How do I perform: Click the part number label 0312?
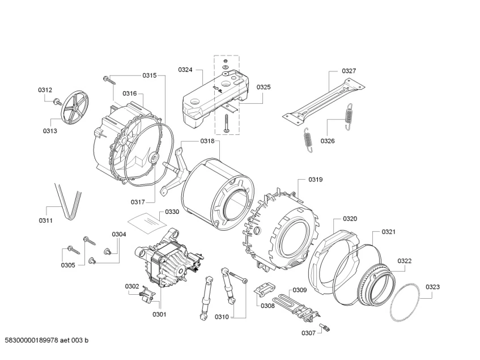point(45,90)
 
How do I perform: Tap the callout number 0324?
point(185,70)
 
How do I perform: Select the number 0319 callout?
point(316,180)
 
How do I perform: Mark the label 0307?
point(309,333)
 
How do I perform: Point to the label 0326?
point(328,141)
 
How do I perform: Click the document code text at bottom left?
point(47,340)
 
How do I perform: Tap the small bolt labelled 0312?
point(57,102)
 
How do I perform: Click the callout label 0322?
point(405,261)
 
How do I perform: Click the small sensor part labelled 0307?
point(327,328)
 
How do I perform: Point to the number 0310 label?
point(222,317)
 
